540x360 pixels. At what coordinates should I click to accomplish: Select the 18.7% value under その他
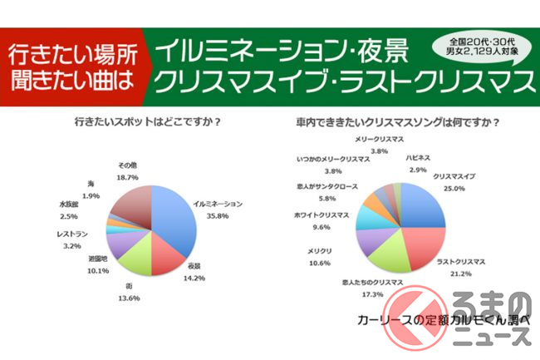tap(128, 178)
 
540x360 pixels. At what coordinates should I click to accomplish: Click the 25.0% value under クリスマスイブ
tap(453, 188)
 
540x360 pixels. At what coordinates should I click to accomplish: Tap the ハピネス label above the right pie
tap(418, 157)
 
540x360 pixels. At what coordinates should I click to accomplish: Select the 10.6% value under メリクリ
tap(320, 264)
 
